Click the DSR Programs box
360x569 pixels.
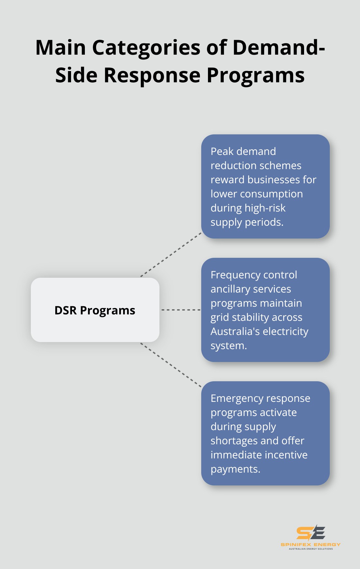click(x=95, y=310)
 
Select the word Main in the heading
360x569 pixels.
click(x=61, y=48)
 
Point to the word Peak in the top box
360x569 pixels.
click(x=222, y=151)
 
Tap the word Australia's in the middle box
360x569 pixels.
click(x=236, y=331)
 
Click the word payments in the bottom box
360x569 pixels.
click(x=235, y=469)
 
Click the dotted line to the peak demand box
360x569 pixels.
click(x=171, y=254)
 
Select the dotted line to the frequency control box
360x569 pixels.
click(x=180, y=310)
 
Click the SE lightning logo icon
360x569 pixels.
click(x=310, y=533)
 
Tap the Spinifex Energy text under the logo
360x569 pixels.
click(x=310, y=545)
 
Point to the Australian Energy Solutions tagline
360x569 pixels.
click(x=310, y=549)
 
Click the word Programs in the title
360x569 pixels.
click(x=256, y=75)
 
